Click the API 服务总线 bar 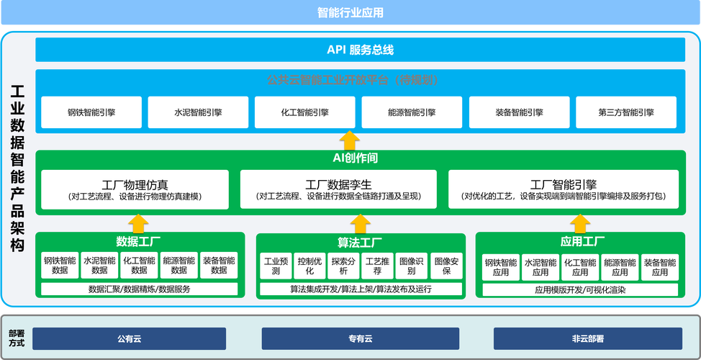360,50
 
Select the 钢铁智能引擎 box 91,112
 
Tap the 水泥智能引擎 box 198,112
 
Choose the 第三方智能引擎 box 625,112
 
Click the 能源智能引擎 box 411,112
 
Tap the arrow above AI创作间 349,140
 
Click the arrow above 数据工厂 138,222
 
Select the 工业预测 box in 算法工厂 276,266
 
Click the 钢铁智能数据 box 60,266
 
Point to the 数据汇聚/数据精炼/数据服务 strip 140,289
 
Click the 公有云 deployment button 129,338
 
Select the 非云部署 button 587,338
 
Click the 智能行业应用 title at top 350,12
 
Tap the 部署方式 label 16,338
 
